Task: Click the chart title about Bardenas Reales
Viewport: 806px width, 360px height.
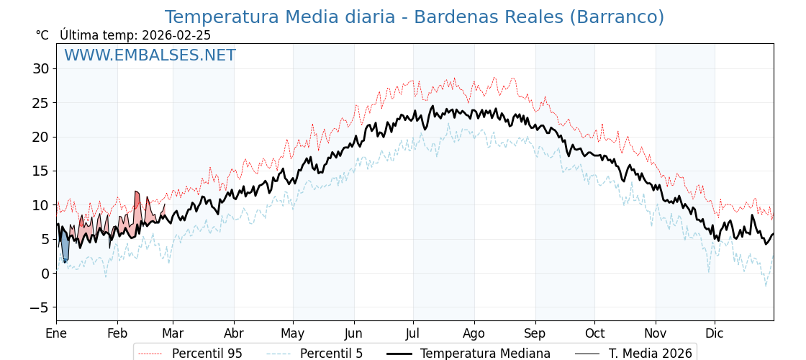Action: click(x=414, y=17)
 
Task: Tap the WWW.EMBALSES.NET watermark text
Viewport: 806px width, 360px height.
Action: click(x=150, y=55)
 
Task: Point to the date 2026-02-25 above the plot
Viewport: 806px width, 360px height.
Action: click(x=176, y=35)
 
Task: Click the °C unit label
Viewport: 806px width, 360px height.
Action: click(x=42, y=35)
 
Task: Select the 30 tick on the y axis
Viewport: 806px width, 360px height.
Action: click(x=40, y=69)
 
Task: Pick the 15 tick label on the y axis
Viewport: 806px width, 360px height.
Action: click(x=40, y=171)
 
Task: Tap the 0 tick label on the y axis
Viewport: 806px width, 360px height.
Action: click(x=45, y=274)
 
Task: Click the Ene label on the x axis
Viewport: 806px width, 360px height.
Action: click(x=56, y=333)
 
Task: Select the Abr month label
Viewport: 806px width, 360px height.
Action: click(x=234, y=333)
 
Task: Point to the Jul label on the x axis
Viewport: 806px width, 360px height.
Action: click(x=413, y=333)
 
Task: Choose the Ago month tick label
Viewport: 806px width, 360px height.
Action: click(x=474, y=333)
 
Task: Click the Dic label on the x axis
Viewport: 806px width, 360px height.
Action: click(x=715, y=333)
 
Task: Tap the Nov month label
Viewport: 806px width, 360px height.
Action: click(x=656, y=333)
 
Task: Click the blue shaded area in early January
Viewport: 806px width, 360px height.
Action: click(x=65, y=248)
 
